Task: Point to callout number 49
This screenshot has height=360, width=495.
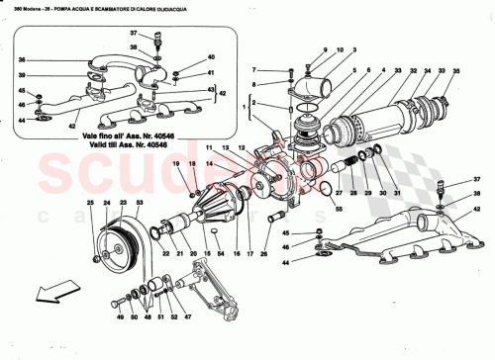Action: pos(118,318)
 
